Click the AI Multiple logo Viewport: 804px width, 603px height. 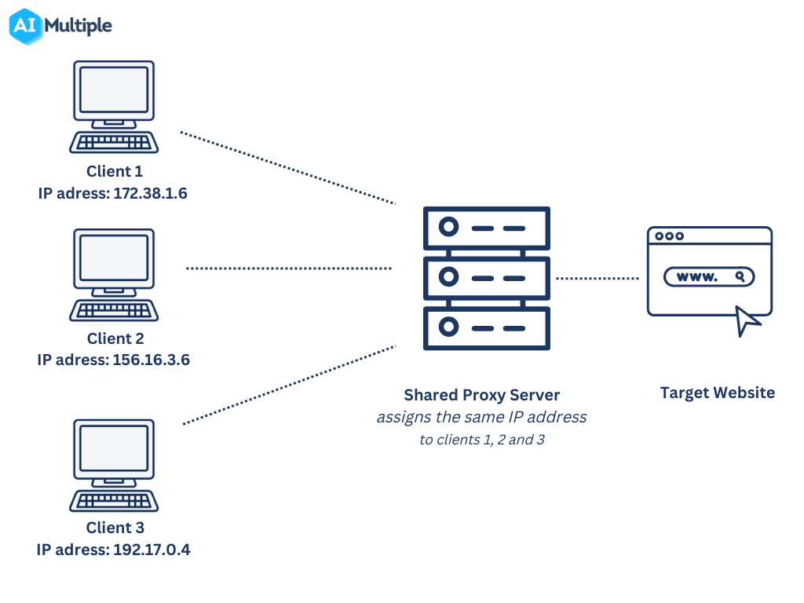point(61,26)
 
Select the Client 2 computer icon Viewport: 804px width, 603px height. point(114,275)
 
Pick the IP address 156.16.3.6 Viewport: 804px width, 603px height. point(151,360)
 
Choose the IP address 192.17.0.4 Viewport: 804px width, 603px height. point(152,550)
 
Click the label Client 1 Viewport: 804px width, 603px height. point(115,171)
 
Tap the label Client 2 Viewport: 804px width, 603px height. point(115,338)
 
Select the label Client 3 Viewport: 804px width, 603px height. point(115,528)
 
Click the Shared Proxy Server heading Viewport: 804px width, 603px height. point(482,394)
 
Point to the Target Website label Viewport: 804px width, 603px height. point(717,393)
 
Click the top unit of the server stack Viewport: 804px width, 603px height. point(486,228)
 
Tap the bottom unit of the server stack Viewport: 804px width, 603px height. point(486,327)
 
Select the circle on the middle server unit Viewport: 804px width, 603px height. point(448,278)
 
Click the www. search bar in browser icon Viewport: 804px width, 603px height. point(708,277)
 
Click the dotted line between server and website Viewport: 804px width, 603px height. point(598,278)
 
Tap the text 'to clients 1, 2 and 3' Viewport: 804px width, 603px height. point(481,440)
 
